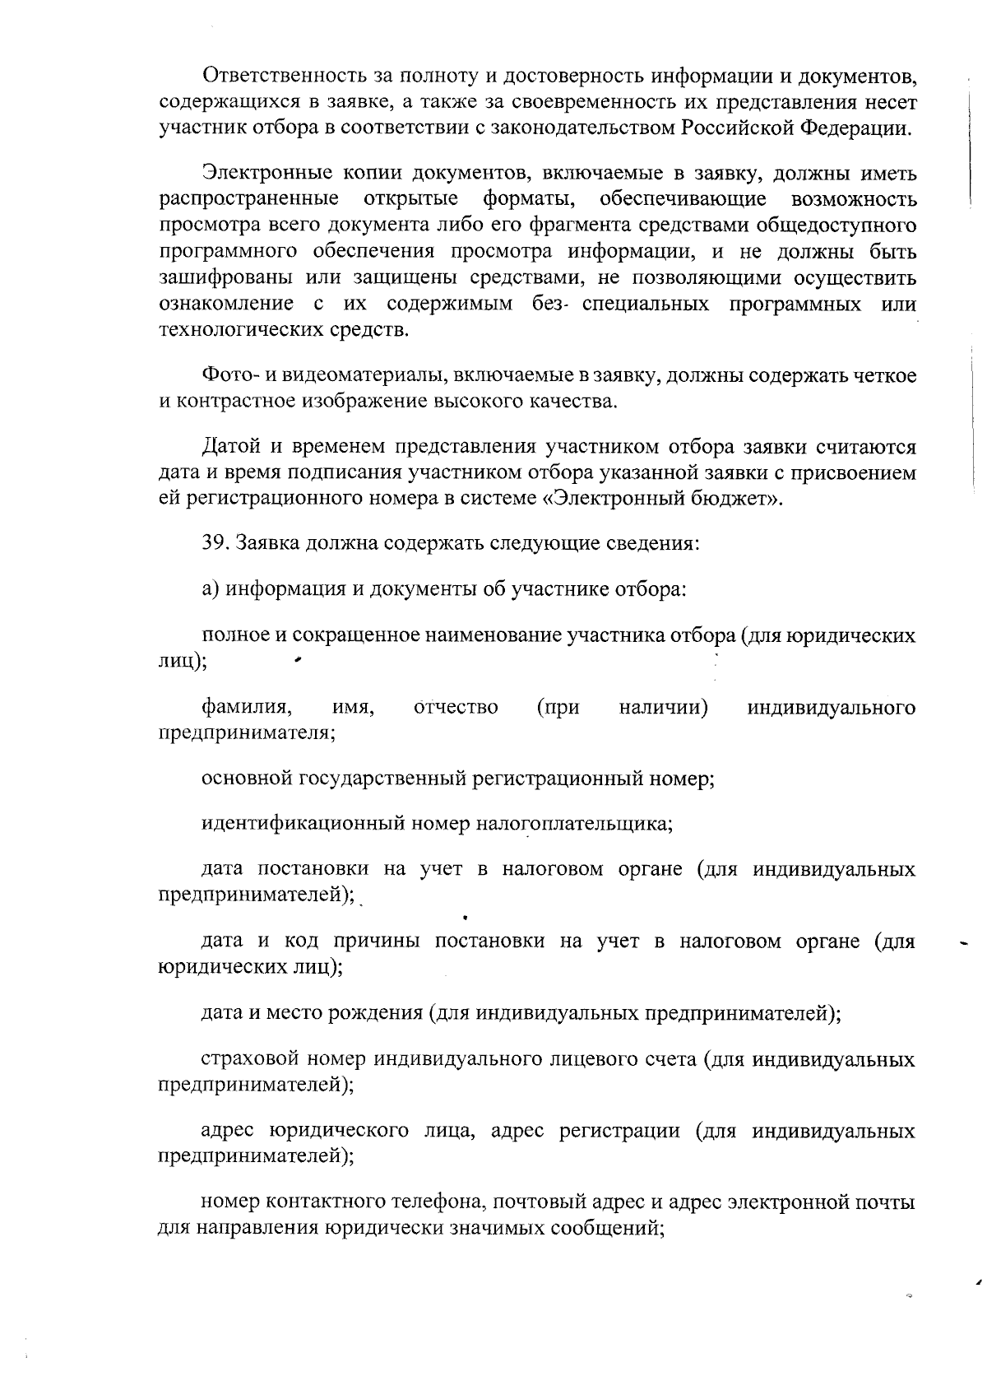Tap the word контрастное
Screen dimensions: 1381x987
(234, 402)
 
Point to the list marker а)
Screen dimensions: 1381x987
(211, 589)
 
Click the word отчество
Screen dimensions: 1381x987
(456, 707)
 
